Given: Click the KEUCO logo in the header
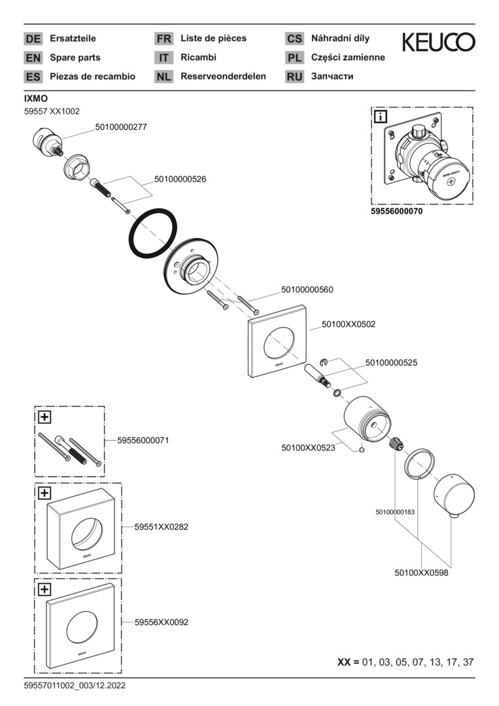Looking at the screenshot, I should [x=438, y=43].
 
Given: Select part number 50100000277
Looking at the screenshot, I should [x=121, y=127].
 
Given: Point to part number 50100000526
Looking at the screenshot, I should [x=181, y=178].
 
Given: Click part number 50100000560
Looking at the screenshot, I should [x=307, y=290].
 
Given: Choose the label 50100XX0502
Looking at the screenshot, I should [x=349, y=324].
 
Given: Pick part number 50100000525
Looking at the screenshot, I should [x=391, y=361].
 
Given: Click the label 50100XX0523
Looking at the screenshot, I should [x=308, y=448].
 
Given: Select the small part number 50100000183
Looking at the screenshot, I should [x=395, y=512].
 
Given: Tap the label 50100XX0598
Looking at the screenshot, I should [x=421, y=573].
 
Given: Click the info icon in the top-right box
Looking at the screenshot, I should [x=380, y=117].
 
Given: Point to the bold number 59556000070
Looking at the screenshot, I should [x=396, y=212].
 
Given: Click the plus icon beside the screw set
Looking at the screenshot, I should [x=44, y=416].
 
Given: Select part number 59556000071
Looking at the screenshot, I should [x=143, y=441].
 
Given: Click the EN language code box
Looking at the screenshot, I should [x=33, y=58].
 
